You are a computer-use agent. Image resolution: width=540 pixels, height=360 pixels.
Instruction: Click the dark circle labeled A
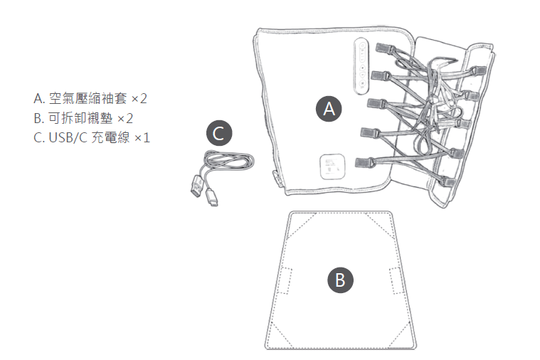pyautogui.click(x=328, y=108)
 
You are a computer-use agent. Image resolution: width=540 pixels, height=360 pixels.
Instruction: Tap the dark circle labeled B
pyautogui.click(x=340, y=279)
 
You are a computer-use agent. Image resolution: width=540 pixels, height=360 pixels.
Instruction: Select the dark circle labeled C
pyautogui.click(x=219, y=133)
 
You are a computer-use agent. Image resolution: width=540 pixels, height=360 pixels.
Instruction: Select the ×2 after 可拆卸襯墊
pyautogui.click(x=126, y=117)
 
